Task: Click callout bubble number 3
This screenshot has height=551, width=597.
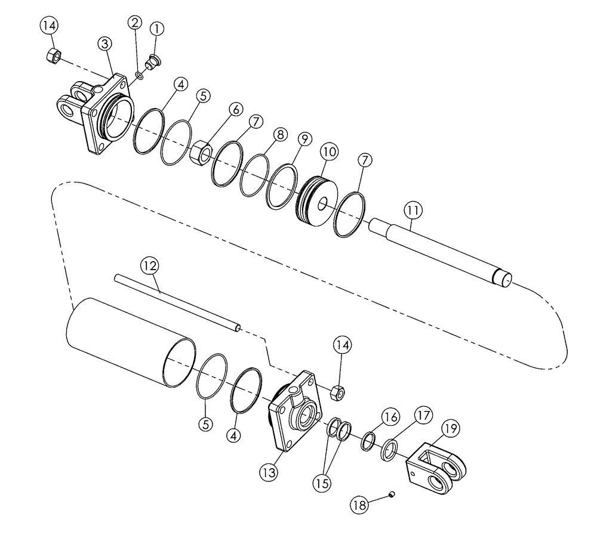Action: click(x=105, y=44)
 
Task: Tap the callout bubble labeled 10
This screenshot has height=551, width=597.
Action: click(x=329, y=151)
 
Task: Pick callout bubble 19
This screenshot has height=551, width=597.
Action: click(x=451, y=428)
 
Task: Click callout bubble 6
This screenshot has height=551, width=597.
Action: click(x=235, y=109)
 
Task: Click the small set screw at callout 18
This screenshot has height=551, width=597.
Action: click(x=392, y=494)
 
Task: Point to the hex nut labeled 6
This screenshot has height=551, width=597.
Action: click(x=202, y=153)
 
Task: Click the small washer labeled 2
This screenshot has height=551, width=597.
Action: click(x=139, y=75)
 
